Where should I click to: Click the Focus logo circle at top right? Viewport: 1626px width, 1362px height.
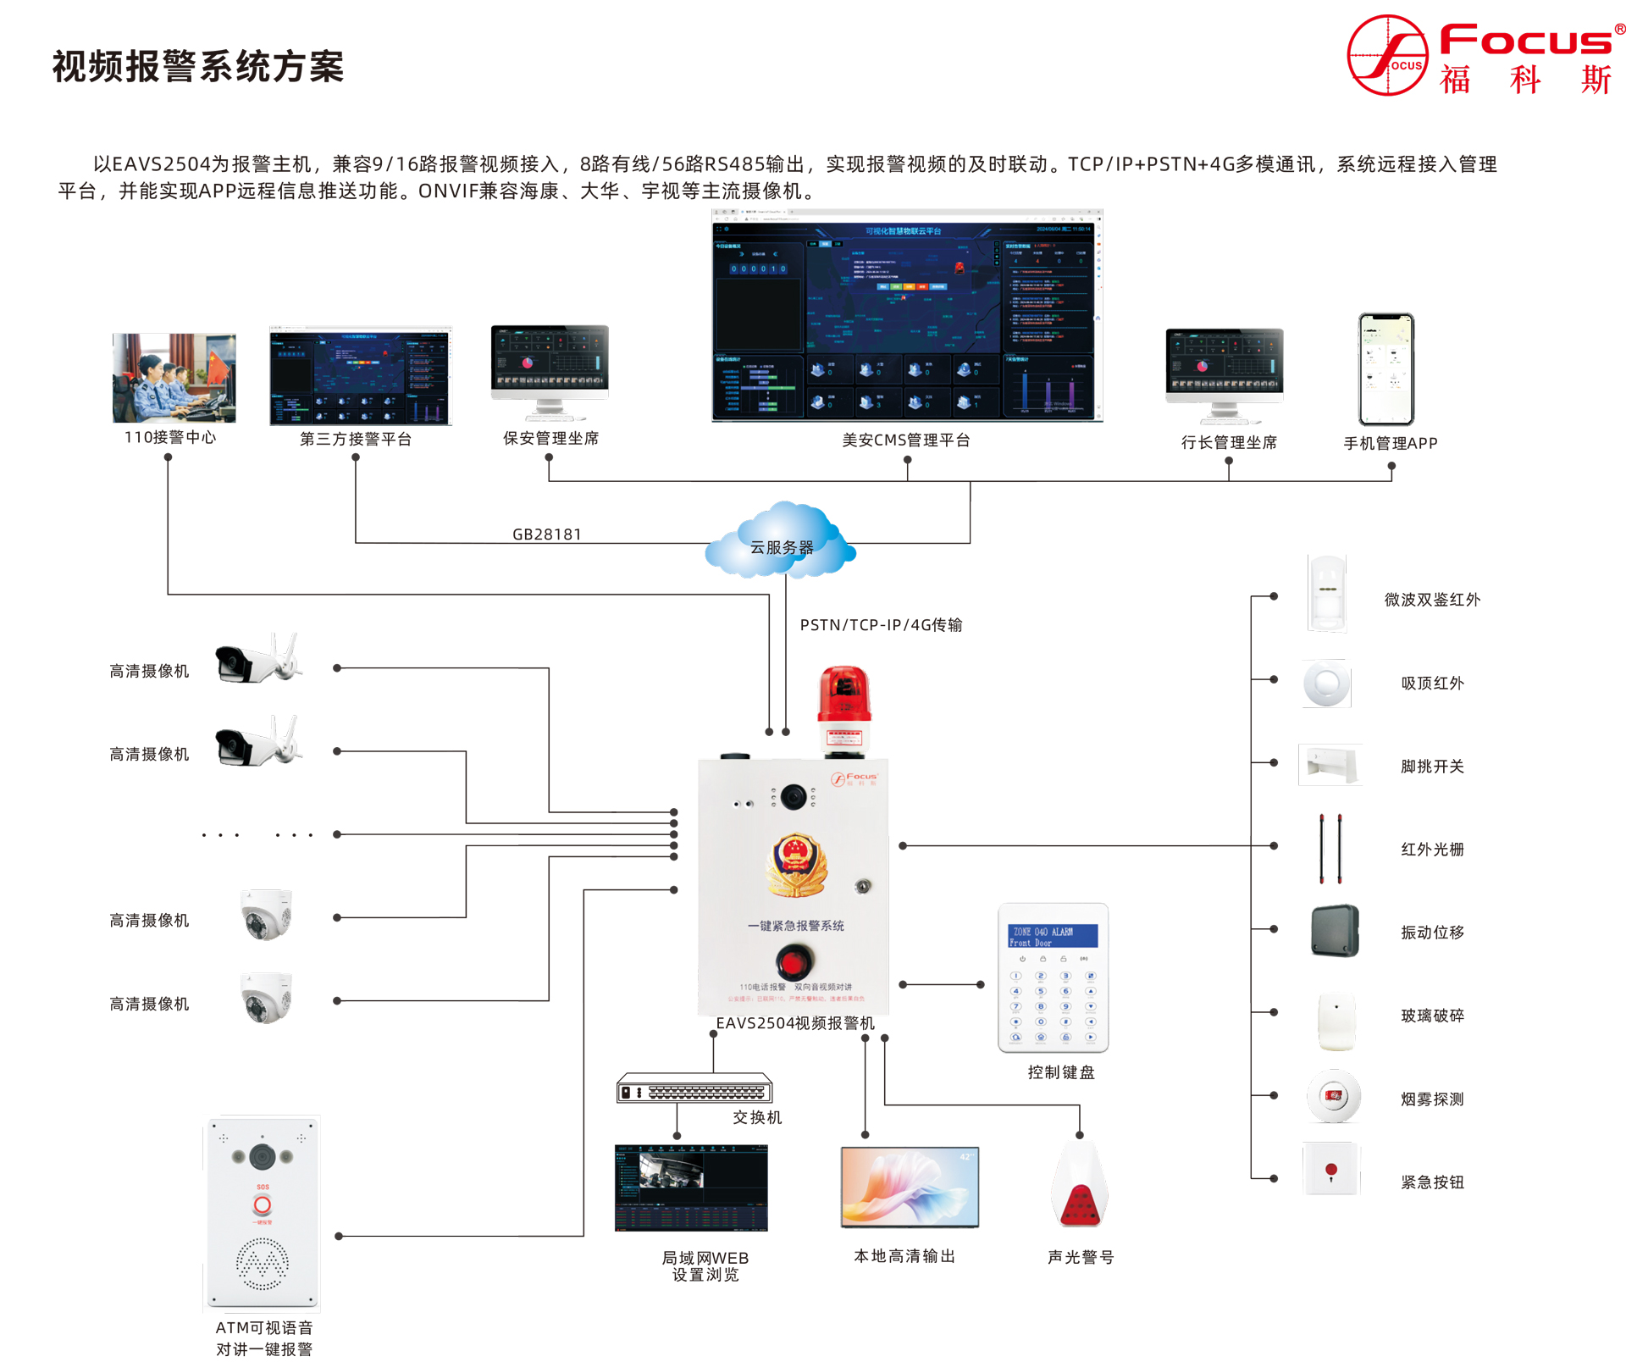1387,55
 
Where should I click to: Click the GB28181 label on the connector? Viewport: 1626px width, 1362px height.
547,534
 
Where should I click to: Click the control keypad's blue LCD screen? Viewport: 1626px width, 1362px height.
1053,936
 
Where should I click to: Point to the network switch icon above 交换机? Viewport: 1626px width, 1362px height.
694,1089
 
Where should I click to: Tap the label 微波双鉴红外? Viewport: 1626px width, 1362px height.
1432,600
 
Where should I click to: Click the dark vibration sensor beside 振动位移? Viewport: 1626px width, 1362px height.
1335,931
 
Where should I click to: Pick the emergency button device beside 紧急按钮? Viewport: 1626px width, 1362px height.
1331,1170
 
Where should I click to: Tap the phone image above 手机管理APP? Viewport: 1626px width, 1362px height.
1386,369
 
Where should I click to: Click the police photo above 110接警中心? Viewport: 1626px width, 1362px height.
174,378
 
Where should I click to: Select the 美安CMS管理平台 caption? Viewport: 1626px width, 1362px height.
906,440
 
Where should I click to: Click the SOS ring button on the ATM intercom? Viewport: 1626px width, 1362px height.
263,1205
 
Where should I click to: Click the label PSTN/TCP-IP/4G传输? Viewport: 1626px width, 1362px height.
881,625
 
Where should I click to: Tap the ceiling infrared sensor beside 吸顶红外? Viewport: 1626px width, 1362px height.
1327,683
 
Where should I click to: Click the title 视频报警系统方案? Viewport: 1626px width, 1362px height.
198,67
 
